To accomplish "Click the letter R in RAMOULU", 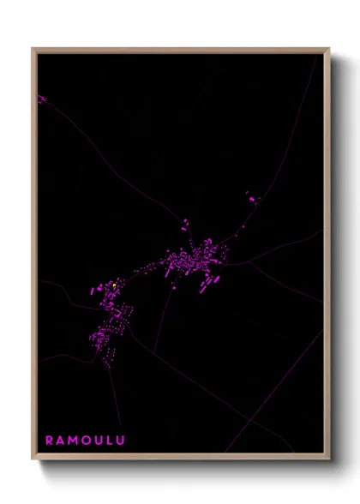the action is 49,441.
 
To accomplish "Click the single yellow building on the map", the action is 114,285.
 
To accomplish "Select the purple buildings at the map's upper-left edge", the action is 41,99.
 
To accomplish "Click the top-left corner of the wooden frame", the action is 33,50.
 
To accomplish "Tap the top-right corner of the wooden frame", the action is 328,50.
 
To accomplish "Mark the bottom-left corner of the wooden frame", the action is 33,459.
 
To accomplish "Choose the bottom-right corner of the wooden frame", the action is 328,459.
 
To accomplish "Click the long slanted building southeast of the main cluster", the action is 204,288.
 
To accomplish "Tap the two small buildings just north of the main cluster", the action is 183,225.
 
